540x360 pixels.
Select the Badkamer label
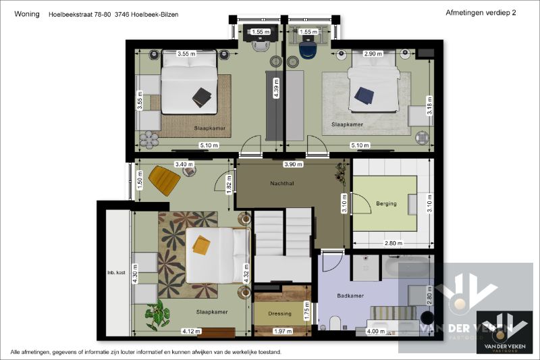coord(351,296)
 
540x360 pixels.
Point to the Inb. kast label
coord(116,273)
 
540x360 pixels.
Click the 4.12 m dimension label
coord(191,331)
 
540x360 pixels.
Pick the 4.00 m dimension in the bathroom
coord(375,331)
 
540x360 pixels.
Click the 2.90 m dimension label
coord(373,53)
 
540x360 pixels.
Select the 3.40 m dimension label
coord(184,164)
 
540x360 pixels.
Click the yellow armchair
coord(164,180)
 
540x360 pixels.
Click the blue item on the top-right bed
coord(364,96)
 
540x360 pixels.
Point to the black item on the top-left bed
coord(202,97)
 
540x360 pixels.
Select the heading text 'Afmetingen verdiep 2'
coord(481,13)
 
